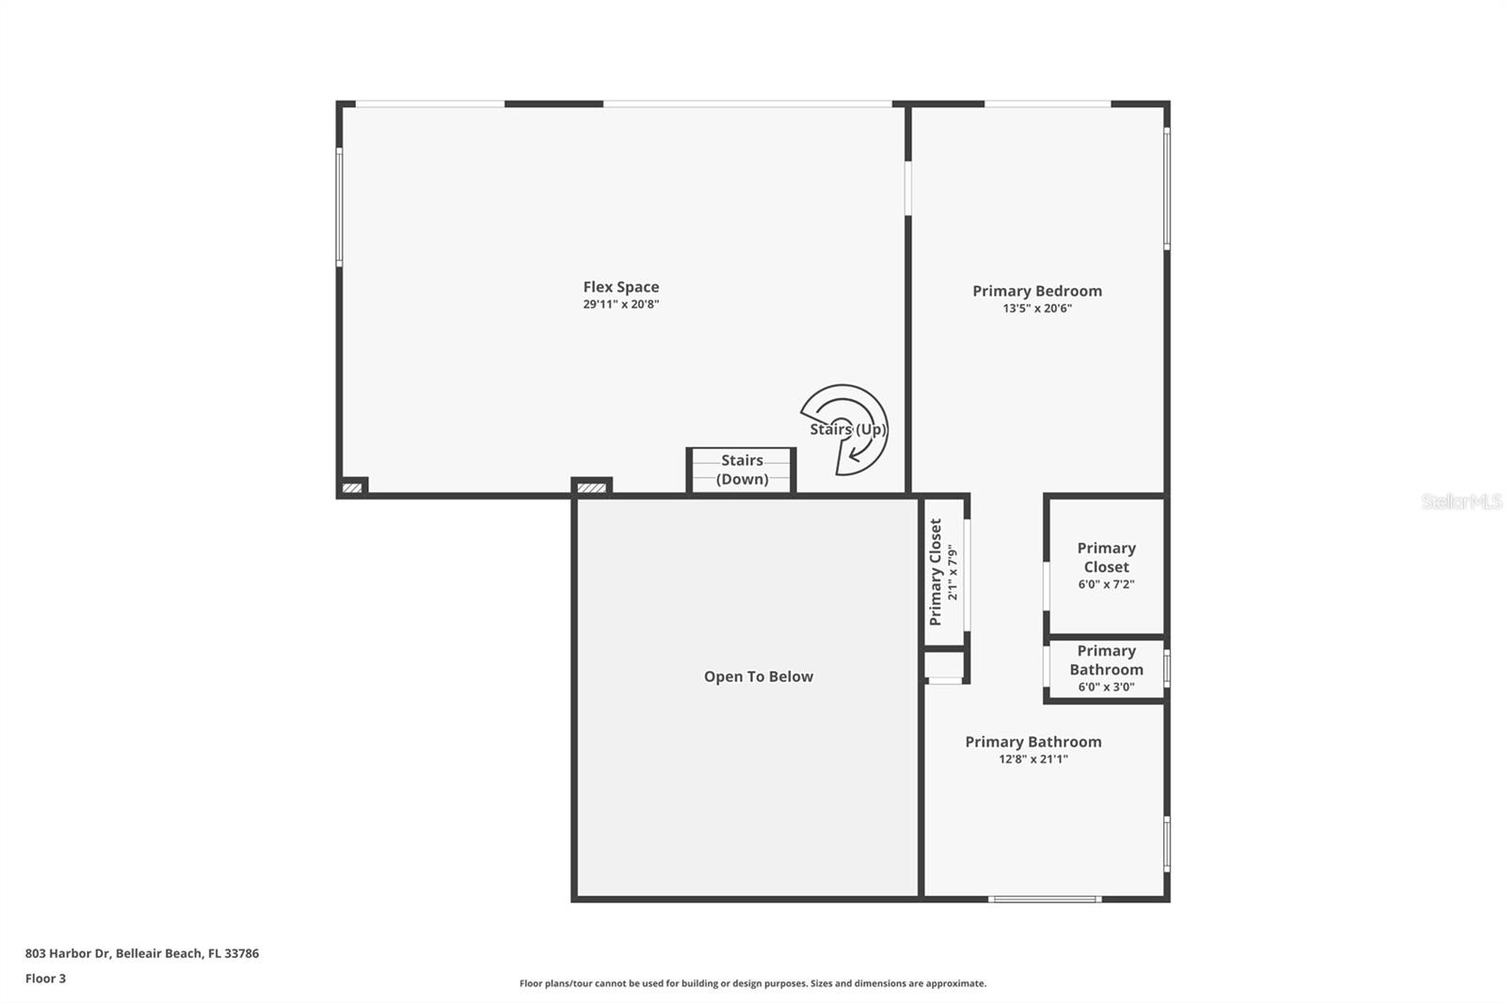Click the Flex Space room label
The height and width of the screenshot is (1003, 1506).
click(620, 287)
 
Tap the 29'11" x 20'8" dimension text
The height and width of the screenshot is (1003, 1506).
click(620, 305)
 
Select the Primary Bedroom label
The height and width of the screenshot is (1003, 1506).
click(1036, 291)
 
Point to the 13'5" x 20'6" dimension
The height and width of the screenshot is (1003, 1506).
click(1036, 309)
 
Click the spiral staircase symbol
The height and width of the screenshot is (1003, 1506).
click(845, 429)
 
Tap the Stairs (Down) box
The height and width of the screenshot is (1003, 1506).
click(742, 470)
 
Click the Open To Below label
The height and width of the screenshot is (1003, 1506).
click(758, 677)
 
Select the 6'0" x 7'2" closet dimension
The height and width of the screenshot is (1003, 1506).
click(1106, 584)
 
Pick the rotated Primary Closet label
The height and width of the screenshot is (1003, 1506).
click(936, 572)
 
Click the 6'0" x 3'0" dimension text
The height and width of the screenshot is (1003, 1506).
click(1106, 687)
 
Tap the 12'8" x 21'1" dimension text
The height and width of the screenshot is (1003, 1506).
click(1033, 759)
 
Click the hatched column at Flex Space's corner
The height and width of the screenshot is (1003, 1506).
click(353, 487)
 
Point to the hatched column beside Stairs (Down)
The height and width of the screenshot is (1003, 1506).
click(592, 487)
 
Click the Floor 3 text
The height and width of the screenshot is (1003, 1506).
click(45, 979)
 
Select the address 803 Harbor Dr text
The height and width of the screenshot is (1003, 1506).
click(141, 953)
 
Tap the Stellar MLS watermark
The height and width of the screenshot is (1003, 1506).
click(1461, 501)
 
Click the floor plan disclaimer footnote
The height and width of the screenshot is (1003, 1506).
click(752, 983)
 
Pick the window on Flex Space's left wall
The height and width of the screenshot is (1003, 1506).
click(340, 207)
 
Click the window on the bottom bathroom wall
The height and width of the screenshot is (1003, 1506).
click(1044, 900)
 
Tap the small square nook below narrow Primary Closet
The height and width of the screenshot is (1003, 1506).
click(944, 665)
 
